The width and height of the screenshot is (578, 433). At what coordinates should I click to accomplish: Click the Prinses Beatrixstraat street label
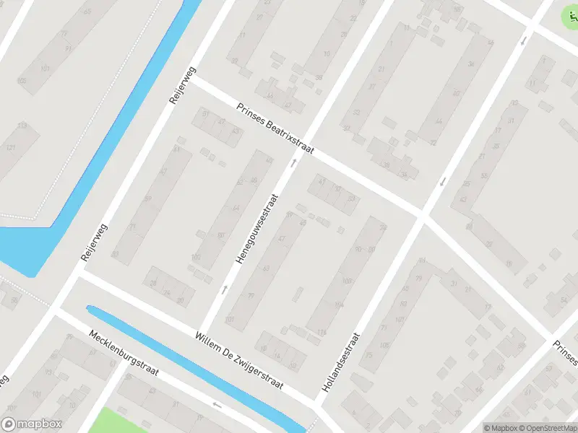point(275,128)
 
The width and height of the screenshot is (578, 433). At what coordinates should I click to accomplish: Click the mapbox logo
point(32,424)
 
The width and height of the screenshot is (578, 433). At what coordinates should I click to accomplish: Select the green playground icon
point(571,14)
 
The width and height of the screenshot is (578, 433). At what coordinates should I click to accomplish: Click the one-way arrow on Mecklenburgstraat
point(217,405)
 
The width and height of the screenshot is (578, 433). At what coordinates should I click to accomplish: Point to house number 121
point(11,148)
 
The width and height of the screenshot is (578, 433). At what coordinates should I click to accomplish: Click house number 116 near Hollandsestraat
point(321,333)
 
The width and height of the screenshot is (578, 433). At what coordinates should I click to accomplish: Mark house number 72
point(433,143)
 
